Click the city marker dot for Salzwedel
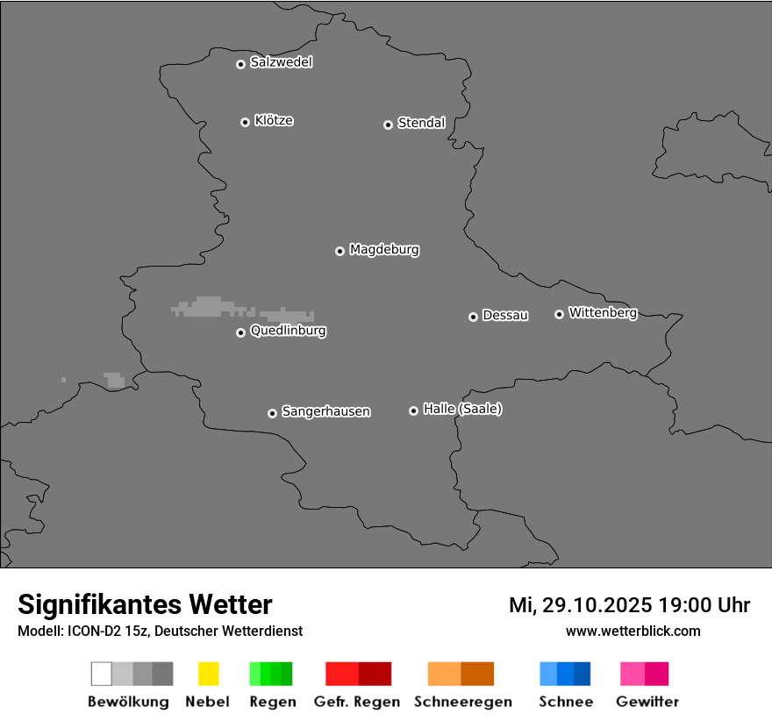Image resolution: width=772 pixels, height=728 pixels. pos(240,64)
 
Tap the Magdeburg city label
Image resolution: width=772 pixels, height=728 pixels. pos(383,250)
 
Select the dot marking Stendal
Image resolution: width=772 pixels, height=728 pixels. pos(388,125)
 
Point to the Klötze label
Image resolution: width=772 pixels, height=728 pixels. pos(274,121)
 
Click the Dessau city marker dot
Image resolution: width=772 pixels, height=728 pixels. pos(473,317)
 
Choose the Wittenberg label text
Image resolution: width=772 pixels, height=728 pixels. pos(603,313)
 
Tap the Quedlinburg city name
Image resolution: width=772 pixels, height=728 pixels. pos(288,332)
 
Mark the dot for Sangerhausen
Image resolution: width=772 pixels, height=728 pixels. pos(272,413)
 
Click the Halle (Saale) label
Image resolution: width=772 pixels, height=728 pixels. pos(462,410)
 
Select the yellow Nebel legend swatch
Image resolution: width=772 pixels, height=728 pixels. pos(208,674)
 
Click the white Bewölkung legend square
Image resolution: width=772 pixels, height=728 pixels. pos(101,674)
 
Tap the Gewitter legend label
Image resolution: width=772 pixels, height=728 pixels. pos(647,702)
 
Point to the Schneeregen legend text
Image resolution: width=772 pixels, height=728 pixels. pos(462,702)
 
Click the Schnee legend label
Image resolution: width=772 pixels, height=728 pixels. pos(566,702)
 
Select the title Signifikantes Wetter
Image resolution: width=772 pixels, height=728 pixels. pos(145,605)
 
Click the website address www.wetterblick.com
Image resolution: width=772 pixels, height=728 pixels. pos(633,632)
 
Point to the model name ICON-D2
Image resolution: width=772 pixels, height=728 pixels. pos(93,632)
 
